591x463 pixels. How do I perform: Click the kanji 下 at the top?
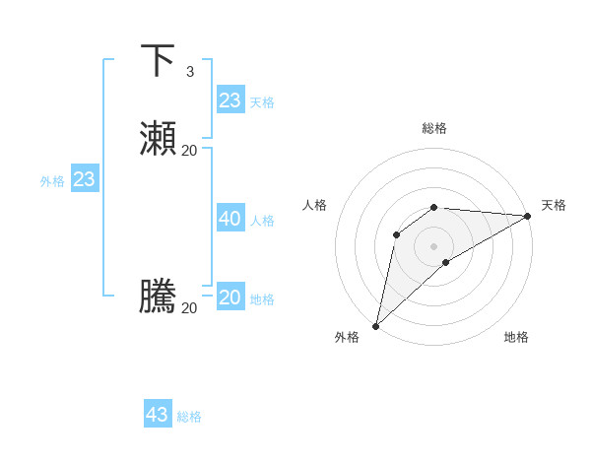[x=158, y=60]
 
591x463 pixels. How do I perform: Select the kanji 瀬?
[x=158, y=139]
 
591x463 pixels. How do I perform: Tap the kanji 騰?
[x=158, y=297]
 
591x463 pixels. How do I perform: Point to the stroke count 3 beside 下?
[x=190, y=72]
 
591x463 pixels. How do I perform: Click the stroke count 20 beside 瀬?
[x=190, y=150]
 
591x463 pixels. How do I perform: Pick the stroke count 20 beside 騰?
[x=190, y=308]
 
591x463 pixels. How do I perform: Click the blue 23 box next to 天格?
[x=230, y=100]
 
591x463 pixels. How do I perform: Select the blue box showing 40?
[x=230, y=219]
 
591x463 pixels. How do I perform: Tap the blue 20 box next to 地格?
[x=230, y=298]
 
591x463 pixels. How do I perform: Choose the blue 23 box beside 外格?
[x=85, y=179]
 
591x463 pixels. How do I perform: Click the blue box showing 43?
[x=158, y=415]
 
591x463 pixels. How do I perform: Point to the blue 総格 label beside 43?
[x=190, y=417]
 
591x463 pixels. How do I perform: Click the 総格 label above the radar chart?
[x=434, y=128]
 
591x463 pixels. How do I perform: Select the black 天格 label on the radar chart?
[x=554, y=205]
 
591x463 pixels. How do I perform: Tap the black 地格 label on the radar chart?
[x=516, y=337]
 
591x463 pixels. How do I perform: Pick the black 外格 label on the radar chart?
[x=347, y=337]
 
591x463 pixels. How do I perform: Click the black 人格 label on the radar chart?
[x=314, y=205]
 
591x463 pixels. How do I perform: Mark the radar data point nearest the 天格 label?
[x=528, y=216]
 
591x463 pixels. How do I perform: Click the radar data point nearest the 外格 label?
[x=375, y=325]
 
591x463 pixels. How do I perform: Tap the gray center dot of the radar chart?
[x=434, y=245]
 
